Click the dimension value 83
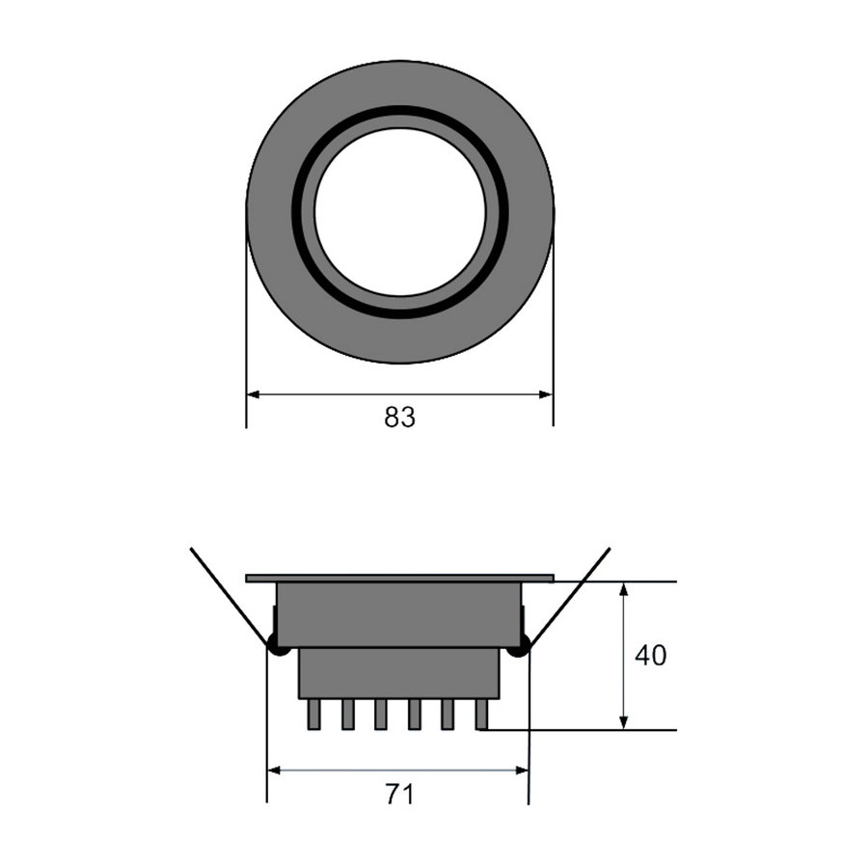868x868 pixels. [399, 418]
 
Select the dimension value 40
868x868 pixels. [650, 656]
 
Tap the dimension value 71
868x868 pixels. [399, 795]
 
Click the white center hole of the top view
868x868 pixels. [399, 212]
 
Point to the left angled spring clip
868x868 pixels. [229, 596]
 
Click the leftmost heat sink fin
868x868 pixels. [313, 714]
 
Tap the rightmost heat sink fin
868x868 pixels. [481, 714]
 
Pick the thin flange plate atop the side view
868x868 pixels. [399, 579]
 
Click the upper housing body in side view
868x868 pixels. [399, 614]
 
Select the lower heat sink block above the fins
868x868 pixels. [399, 673]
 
